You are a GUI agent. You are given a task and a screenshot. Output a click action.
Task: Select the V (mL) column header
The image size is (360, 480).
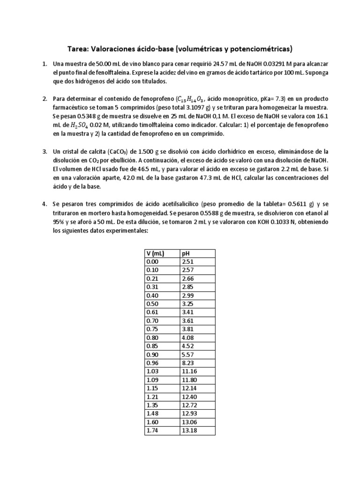[154, 254]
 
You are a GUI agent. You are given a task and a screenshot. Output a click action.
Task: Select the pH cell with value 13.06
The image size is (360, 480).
[190, 421]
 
